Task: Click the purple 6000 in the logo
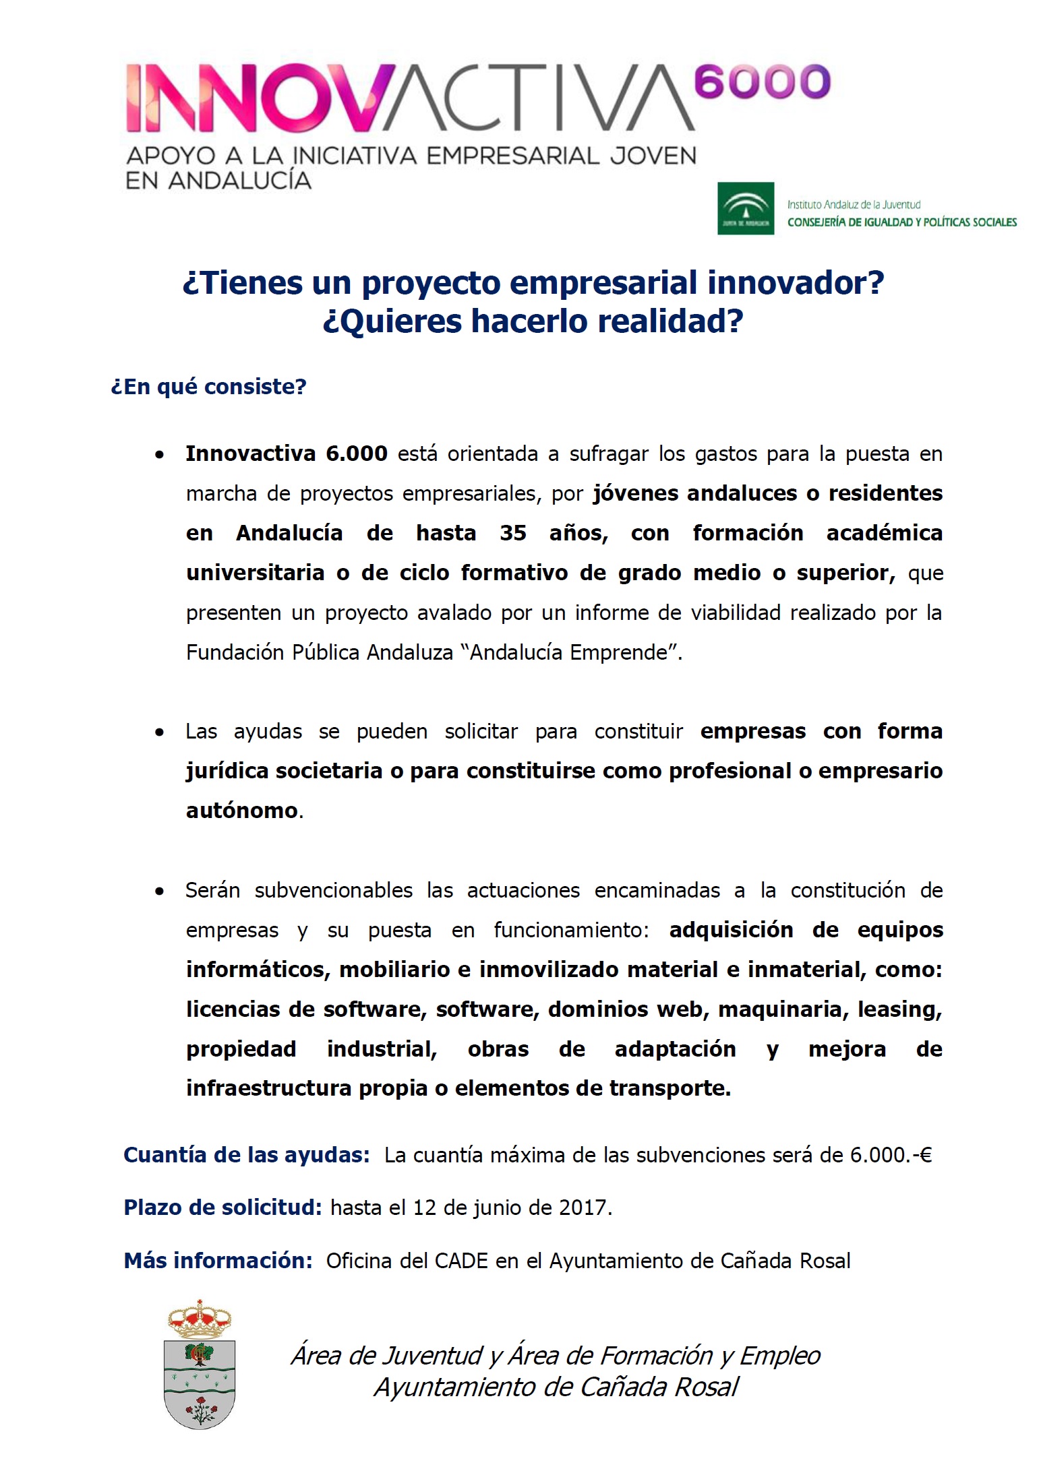761,82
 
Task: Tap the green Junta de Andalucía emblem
745,208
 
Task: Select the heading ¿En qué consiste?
208,387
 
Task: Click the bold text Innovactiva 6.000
287,453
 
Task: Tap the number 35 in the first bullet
512,533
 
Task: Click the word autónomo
242,811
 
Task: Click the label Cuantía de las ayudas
246,1155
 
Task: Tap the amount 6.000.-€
891,1155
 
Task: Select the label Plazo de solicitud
222,1208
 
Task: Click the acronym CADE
461,1261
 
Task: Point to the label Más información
218,1261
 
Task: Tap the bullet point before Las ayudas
159,732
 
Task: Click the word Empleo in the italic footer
780,1356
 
